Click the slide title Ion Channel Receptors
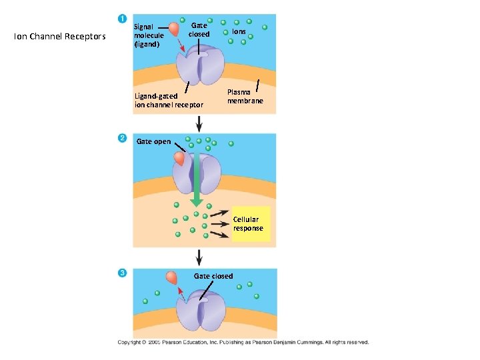point(59,36)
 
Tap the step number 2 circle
point(122,138)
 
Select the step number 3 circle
point(122,273)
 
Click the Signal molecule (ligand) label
point(149,35)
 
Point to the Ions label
point(239,31)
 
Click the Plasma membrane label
point(245,97)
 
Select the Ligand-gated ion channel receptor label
point(169,100)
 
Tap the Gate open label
point(153,141)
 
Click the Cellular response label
point(248,223)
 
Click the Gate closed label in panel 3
point(213,276)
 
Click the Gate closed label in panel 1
point(199,29)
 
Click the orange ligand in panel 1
point(174,29)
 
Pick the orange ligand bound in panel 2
point(179,159)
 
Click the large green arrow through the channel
point(197,180)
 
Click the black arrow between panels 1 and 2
point(199,123)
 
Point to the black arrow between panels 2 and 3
point(199,257)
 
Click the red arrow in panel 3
point(180,292)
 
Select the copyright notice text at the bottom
point(243,342)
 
